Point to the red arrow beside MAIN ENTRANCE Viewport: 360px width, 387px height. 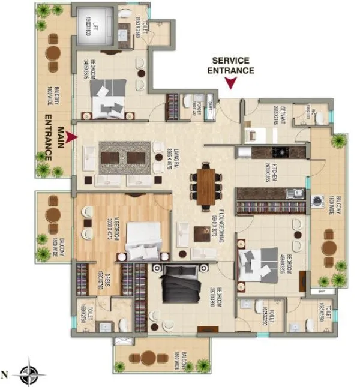pos(71,138)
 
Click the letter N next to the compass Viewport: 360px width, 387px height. pos(5,376)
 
